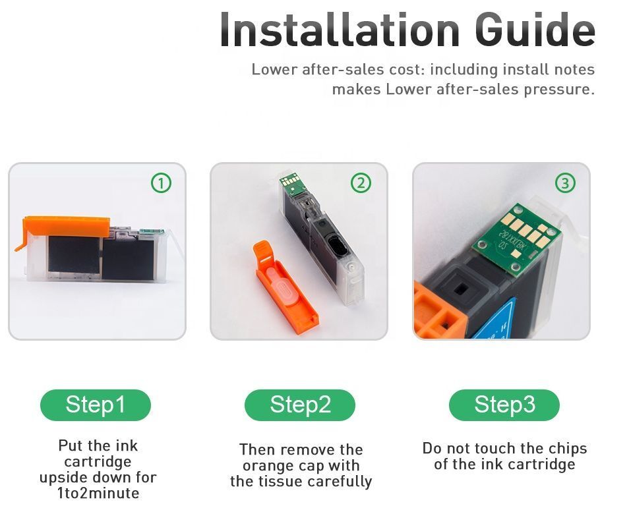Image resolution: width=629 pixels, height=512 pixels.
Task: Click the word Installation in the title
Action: pyautogui.click(x=340, y=30)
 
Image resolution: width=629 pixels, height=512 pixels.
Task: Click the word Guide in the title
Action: pyautogui.click(x=535, y=30)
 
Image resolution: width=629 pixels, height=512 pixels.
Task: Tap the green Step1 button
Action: pyautogui.click(x=96, y=405)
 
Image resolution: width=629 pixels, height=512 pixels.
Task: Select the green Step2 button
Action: pyautogui.click(x=300, y=405)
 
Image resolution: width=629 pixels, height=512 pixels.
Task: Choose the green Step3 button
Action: pyautogui.click(x=504, y=405)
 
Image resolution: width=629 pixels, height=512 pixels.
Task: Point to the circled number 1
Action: pyautogui.click(x=161, y=183)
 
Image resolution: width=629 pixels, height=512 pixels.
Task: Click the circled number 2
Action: pyautogui.click(x=361, y=183)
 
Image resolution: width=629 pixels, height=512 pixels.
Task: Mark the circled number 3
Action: pyautogui.click(x=565, y=183)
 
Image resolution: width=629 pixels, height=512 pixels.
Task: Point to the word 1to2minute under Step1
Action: pyautogui.click(x=98, y=493)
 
